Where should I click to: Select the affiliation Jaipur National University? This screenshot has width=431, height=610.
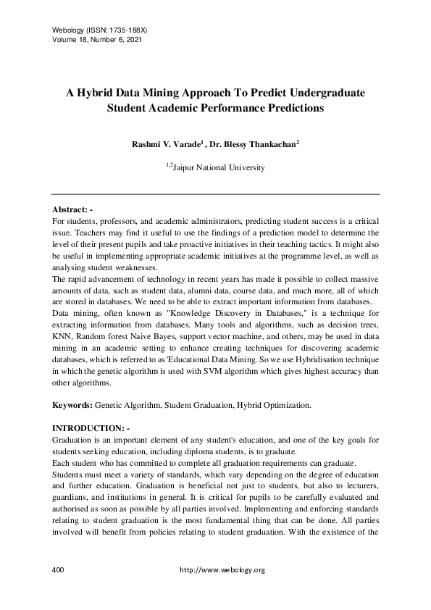coord(219,168)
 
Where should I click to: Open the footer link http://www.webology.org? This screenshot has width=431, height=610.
coord(222,570)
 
